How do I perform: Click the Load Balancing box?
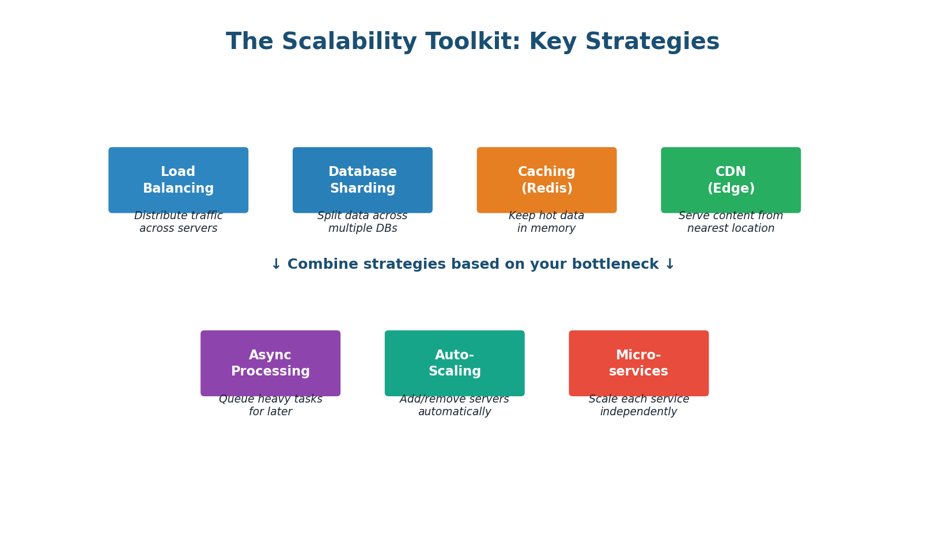tap(178, 180)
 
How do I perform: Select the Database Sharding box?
tap(362, 180)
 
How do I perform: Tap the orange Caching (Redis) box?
tap(546, 180)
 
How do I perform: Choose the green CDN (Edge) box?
tap(731, 180)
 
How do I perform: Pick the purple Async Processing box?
tap(270, 363)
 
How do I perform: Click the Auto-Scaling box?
tap(455, 363)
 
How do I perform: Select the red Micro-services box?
tap(638, 363)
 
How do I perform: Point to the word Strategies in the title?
tap(652, 42)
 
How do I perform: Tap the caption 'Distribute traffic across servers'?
tap(178, 223)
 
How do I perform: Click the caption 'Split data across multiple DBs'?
tap(362, 223)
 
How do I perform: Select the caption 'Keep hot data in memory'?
tap(546, 223)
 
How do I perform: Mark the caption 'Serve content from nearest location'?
tap(731, 223)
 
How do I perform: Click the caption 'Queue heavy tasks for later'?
tap(270, 406)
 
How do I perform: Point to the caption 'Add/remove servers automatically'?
tap(455, 406)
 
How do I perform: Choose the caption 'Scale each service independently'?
tap(638, 406)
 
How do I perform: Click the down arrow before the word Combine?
tap(276, 265)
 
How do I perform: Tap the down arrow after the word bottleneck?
tap(669, 265)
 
